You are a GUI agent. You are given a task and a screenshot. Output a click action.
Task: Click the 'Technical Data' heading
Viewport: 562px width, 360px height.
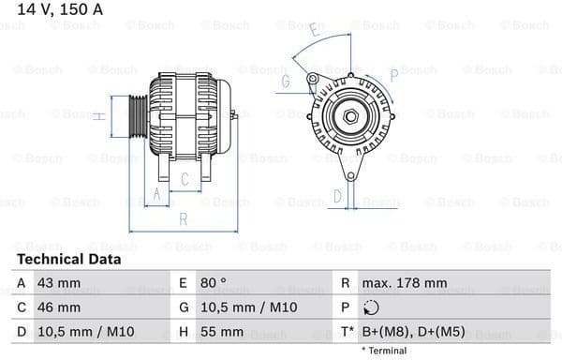[68, 259]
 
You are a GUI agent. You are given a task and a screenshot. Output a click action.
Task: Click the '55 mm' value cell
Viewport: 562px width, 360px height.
[224, 332]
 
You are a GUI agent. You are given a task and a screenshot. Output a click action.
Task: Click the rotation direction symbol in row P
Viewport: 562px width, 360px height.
[371, 307]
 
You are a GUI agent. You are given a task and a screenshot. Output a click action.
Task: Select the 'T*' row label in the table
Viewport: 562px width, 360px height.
[348, 332]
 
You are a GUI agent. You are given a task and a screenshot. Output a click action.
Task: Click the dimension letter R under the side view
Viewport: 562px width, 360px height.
[184, 219]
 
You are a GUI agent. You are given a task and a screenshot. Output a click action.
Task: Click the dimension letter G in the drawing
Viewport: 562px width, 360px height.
[285, 82]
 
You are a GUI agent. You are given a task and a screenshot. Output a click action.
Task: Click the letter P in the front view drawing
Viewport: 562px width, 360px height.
[393, 72]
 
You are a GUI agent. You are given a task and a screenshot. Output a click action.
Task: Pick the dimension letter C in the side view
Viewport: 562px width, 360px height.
[185, 178]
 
